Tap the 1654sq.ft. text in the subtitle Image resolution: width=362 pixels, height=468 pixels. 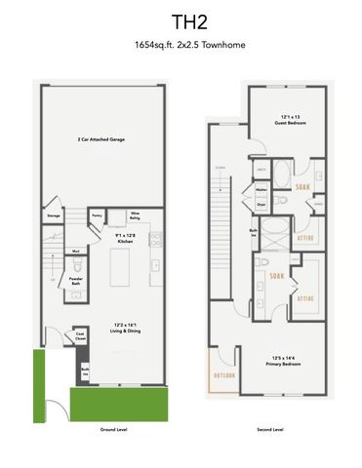pyautogui.click(x=154, y=45)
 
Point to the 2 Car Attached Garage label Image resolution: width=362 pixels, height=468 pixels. pyautogui.click(x=104, y=140)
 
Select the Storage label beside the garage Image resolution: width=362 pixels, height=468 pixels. pyautogui.click(x=54, y=216)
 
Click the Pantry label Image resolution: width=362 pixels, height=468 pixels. pyautogui.click(x=98, y=215)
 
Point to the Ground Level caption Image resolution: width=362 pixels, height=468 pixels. pyautogui.click(x=114, y=428)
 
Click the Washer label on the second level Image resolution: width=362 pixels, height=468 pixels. pyautogui.click(x=262, y=189)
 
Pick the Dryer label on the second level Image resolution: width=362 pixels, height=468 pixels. pyautogui.click(x=262, y=205)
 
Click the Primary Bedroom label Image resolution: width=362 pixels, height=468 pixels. pyautogui.click(x=287, y=363)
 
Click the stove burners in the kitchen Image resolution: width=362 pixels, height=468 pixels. pyautogui.click(x=156, y=266)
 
